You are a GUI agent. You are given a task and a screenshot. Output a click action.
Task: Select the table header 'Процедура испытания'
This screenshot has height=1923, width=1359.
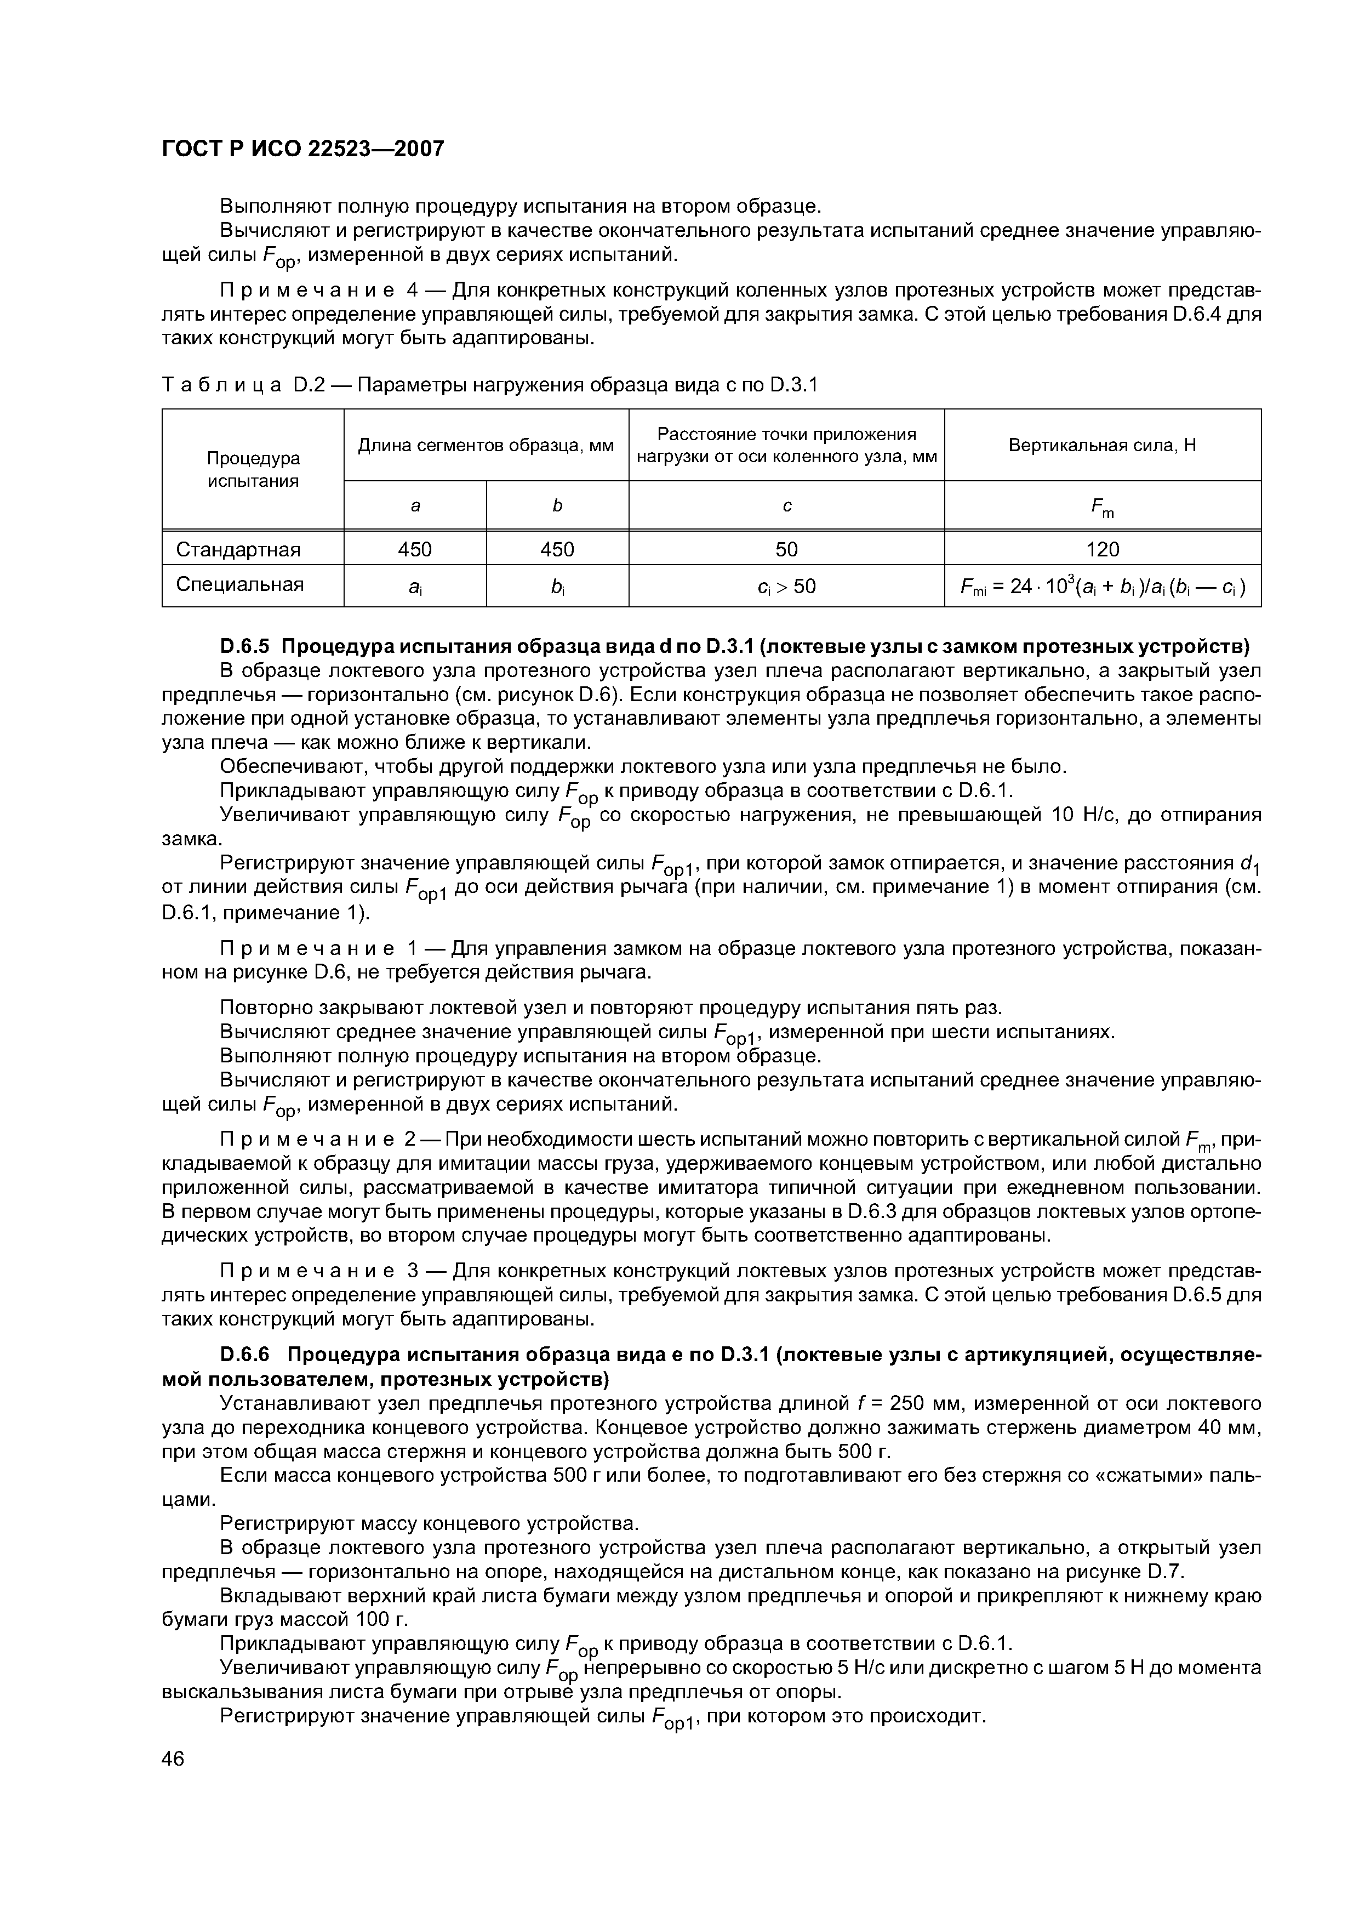253,469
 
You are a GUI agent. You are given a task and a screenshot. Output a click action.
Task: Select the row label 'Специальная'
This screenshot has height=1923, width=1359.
239,584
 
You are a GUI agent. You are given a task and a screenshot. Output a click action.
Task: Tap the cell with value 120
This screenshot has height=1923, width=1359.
1102,549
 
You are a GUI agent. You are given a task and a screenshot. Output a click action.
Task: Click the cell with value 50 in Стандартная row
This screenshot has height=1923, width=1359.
786,549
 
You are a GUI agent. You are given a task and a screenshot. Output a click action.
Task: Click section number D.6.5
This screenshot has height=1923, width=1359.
246,647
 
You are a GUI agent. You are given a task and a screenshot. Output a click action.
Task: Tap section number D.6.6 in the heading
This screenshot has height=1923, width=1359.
246,1355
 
